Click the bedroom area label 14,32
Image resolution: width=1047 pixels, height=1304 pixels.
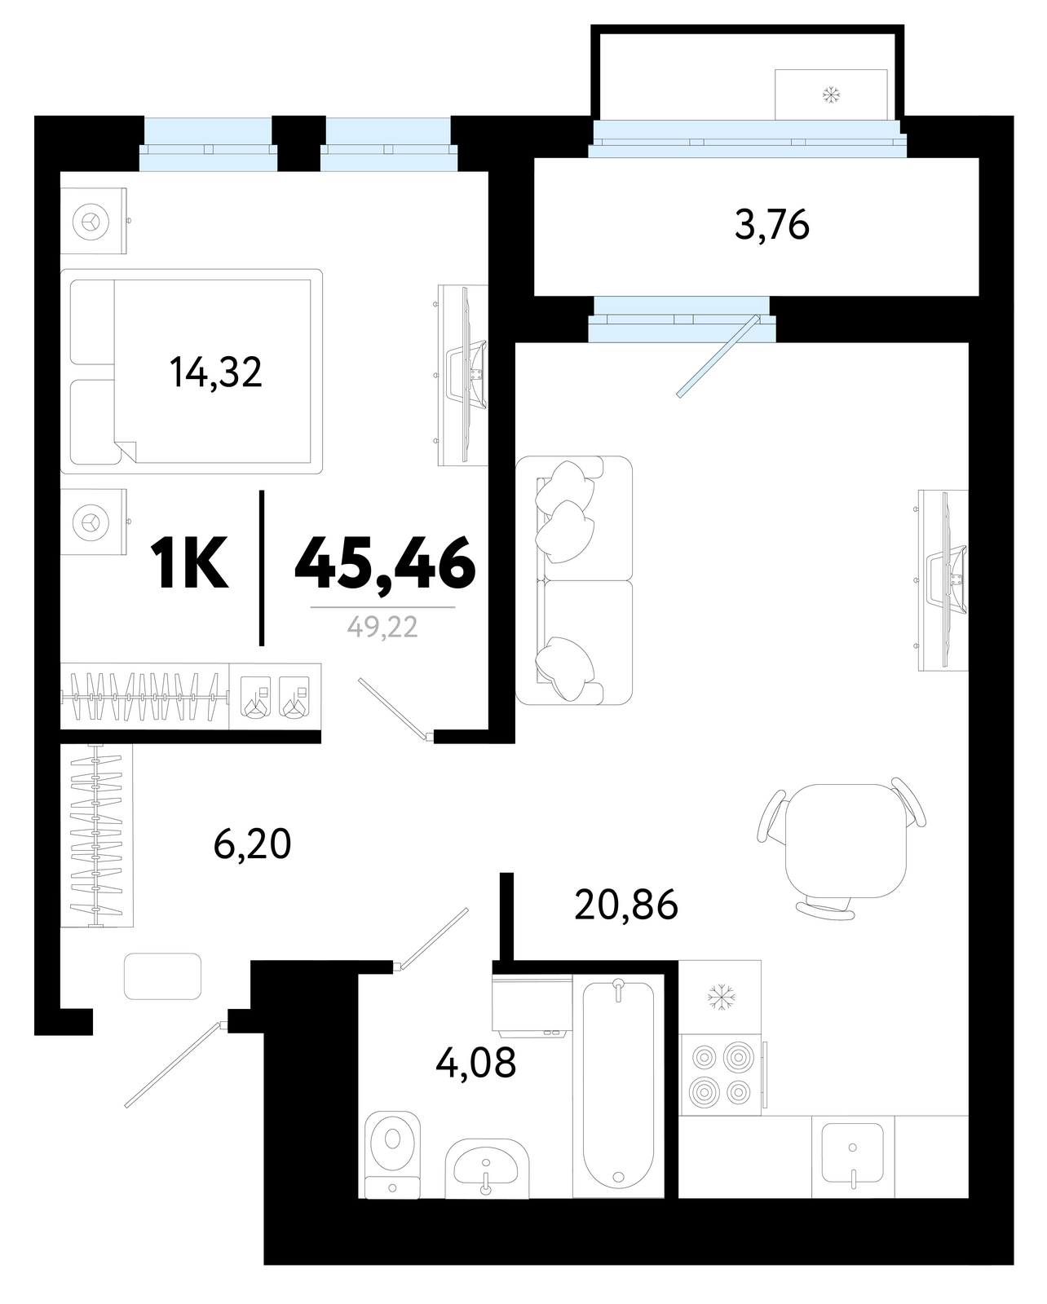[x=216, y=372]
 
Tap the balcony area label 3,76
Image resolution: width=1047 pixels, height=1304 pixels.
[x=771, y=225]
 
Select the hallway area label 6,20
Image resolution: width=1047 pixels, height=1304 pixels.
[x=252, y=844]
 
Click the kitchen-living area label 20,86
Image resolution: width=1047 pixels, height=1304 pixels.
[x=625, y=905]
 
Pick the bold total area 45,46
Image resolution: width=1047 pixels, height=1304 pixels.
[x=385, y=563]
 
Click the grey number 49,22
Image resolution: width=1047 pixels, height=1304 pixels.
[x=382, y=628]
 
